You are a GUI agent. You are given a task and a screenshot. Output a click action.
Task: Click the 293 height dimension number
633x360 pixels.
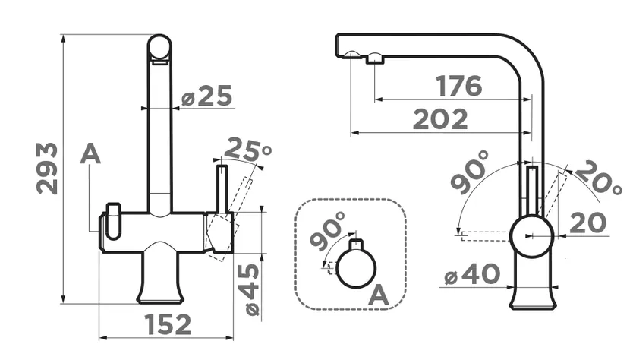click(x=47, y=168)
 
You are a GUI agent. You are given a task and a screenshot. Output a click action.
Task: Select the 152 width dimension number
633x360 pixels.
click(x=168, y=324)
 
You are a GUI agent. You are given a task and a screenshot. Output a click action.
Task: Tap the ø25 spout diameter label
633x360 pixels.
click(x=207, y=96)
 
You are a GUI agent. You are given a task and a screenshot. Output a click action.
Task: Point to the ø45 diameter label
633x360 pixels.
click(x=252, y=289)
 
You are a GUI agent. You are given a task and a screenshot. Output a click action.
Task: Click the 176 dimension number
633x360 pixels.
click(x=459, y=86)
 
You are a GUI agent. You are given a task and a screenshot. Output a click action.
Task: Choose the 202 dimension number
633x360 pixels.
click(x=440, y=119)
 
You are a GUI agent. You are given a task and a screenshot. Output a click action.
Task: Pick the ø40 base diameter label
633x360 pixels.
click(x=472, y=274)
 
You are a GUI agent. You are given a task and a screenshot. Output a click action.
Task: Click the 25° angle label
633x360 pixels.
click(x=247, y=150)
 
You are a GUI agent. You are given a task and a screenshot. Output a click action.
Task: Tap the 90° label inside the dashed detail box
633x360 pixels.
click(x=329, y=230)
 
